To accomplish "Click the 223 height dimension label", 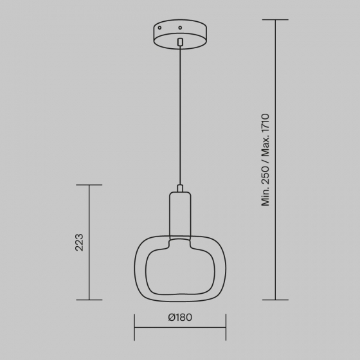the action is [79, 242].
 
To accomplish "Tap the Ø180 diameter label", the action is [180, 318].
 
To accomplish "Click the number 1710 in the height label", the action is [265, 123].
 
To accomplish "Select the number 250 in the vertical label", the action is [265, 175].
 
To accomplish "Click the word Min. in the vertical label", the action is [265, 197].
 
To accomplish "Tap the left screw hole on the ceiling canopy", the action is [159, 28].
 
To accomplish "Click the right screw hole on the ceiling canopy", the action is [180, 28].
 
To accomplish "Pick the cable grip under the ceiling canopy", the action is [180, 42].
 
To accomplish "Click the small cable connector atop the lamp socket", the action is [180, 188].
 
